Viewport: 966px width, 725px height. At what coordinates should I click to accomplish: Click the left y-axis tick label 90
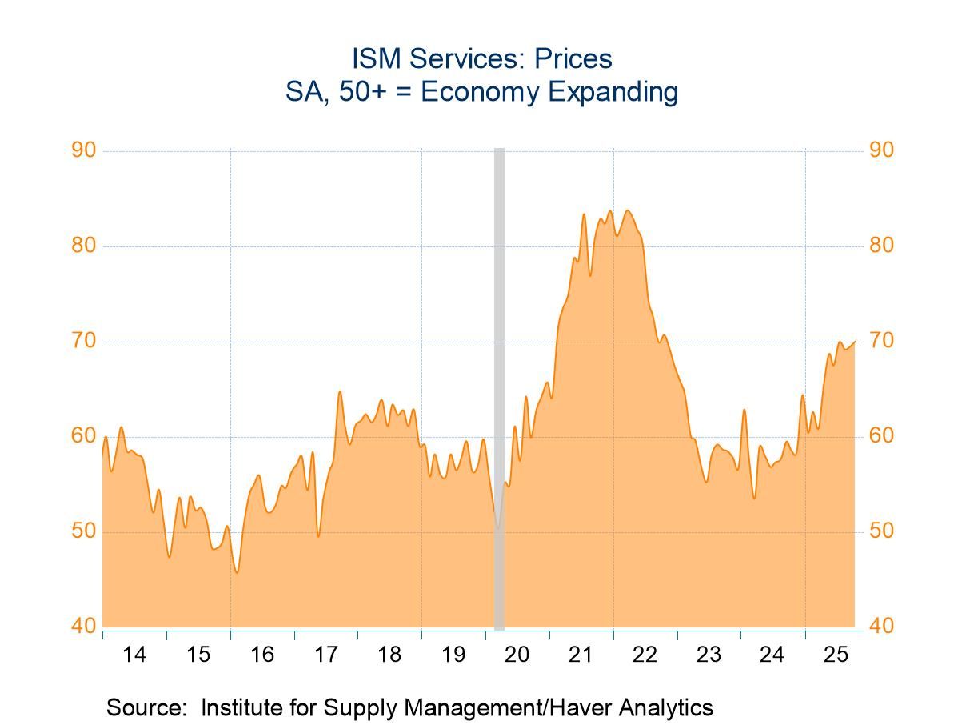tap(83, 150)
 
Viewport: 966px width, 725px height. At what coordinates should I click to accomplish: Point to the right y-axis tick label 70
tap(881, 341)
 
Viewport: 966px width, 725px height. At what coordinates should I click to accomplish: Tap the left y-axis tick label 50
tap(83, 531)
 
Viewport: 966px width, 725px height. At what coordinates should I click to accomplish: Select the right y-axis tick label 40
tap(881, 627)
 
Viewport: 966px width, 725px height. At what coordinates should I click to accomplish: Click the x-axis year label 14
tap(134, 655)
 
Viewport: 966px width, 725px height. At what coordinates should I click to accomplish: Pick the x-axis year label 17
tap(325, 655)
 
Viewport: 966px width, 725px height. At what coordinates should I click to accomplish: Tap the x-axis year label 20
tap(517, 655)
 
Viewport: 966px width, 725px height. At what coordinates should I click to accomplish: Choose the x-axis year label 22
tap(645, 655)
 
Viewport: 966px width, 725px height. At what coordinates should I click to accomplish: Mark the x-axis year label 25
tap(836, 655)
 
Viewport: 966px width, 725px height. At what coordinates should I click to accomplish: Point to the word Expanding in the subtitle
tap(613, 92)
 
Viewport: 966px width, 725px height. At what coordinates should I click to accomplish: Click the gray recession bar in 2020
tap(499, 384)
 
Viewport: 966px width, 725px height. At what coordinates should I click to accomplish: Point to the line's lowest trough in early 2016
tap(237, 572)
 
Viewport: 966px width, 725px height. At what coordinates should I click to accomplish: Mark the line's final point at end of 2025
tap(855, 342)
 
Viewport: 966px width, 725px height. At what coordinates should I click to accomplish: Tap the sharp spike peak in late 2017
tap(339, 391)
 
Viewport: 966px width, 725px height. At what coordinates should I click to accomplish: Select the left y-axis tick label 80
tap(83, 246)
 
